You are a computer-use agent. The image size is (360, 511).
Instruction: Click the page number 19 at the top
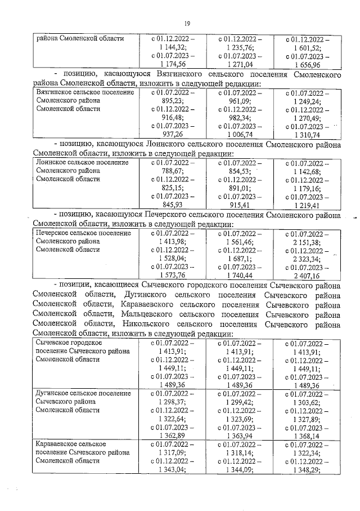(187, 23)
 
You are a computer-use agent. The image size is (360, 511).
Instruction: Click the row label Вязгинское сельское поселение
(85, 91)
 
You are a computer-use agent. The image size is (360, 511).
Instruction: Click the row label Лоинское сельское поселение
(82, 162)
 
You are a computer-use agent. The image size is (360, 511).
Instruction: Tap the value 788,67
(173, 171)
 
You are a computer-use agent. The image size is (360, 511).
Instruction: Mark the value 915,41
(240, 206)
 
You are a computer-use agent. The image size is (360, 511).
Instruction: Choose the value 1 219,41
(307, 206)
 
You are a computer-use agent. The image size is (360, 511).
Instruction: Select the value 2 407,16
(307, 276)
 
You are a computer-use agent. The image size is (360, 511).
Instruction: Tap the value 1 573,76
(173, 276)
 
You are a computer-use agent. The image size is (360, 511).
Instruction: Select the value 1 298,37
(173, 403)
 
